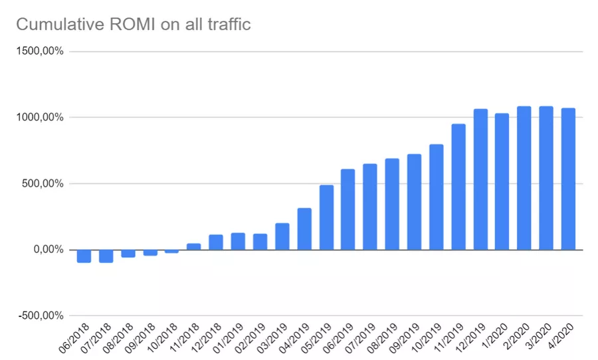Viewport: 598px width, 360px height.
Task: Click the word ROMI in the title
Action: point(132,25)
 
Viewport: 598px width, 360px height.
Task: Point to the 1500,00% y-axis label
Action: point(40,51)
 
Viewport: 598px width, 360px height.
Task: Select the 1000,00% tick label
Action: point(40,118)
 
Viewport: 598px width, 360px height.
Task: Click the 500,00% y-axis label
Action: point(43,184)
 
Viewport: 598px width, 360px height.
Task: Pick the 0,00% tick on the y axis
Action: point(49,250)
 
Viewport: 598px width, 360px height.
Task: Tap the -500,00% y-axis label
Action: point(41,315)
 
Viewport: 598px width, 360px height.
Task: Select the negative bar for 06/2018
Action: point(84,256)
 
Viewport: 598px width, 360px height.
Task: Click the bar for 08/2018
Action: point(128,254)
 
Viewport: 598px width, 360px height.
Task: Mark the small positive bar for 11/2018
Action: point(194,246)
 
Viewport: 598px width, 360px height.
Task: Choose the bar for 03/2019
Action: point(282,236)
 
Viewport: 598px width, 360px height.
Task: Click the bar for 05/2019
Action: point(326,217)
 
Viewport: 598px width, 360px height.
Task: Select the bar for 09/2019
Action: point(414,202)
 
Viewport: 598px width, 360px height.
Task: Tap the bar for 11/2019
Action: point(458,187)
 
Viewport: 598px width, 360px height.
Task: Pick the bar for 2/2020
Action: point(524,178)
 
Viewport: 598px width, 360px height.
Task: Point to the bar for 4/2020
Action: point(568,179)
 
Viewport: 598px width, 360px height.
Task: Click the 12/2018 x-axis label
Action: point(206,337)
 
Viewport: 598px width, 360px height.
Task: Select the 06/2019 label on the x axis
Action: point(338,337)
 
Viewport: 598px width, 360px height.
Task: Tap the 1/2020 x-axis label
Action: point(494,335)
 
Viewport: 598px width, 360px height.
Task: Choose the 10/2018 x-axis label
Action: point(162,337)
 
